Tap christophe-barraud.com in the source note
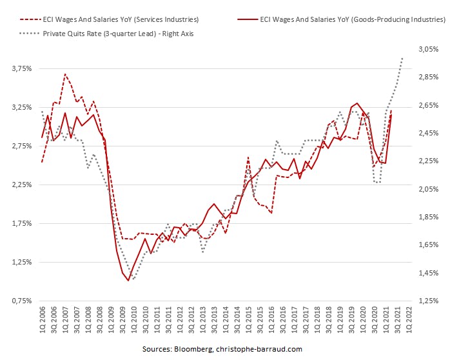(262, 349)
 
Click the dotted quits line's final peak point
(402, 58)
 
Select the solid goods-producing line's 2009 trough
(128, 280)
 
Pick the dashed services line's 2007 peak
(65, 74)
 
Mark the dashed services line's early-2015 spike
(248, 157)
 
